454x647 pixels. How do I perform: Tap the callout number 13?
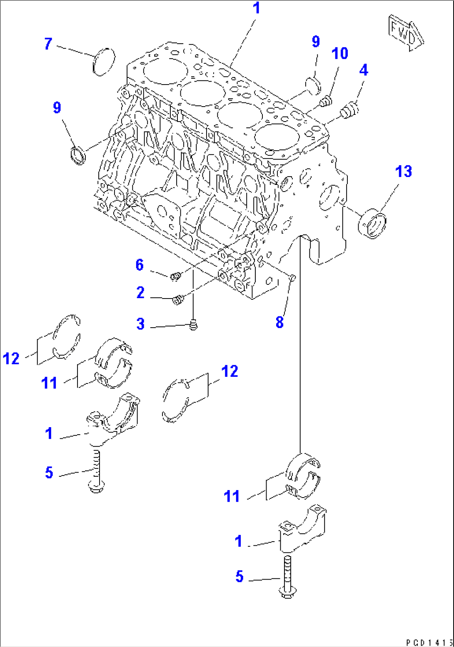tap(403, 172)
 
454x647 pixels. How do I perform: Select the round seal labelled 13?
tap(372, 225)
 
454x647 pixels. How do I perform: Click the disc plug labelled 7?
tap(104, 62)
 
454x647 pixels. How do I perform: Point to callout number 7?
tap(48, 44)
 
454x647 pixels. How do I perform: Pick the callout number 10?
tap(339, 53)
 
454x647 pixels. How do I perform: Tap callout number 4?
tap(364, 70)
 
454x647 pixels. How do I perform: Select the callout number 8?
tap(279, 322)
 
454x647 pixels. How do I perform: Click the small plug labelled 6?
tap(176, 276)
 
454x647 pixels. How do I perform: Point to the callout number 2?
tap(140, 293)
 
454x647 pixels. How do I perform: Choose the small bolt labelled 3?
tap(193, 324)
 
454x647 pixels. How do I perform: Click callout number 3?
tap(140, 324)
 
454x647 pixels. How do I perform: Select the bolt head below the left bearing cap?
tap(97, 486)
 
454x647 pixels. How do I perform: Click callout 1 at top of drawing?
tap(257, 8)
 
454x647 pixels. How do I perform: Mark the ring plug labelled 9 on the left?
tap(77, 154)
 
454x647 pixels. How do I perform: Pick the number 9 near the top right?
tap(316, 42)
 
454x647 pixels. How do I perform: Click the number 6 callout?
tap(140, 265)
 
